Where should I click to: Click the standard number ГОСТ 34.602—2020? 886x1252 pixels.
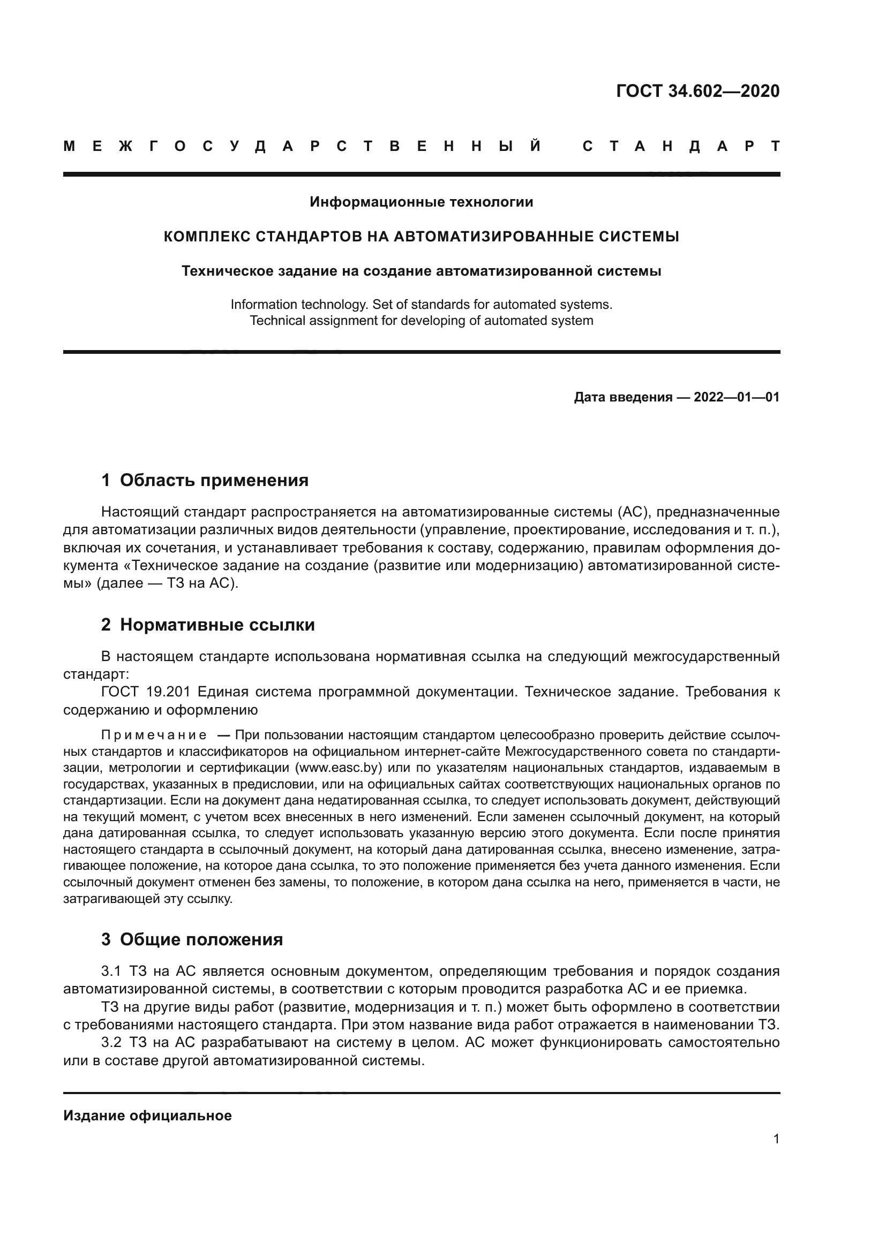click(697, 91)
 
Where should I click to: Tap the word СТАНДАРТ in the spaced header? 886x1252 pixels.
click(681, 147)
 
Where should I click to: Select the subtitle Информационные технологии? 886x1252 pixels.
click(421, 202)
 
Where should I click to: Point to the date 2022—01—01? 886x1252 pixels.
click(737, 397)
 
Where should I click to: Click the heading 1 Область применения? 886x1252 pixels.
click(205, 480)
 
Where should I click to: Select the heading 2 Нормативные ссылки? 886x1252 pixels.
click(208, 625)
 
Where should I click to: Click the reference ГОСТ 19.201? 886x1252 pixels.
click(146, 692)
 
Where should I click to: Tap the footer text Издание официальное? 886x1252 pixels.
click(147, 1116)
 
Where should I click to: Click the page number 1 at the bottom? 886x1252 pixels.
click(776, 1139)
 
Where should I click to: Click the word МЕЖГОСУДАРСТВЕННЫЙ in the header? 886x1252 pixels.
click(303, 147)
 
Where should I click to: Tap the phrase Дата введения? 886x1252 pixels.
click(622, 397)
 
